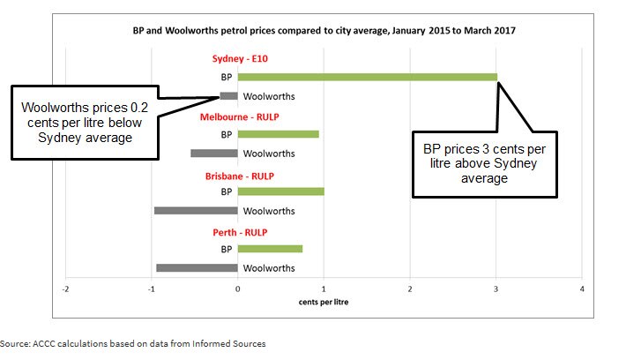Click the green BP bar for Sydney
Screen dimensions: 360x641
[367, 77]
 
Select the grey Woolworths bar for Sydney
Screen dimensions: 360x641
[229, 95]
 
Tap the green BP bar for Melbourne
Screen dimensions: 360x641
[278, 134]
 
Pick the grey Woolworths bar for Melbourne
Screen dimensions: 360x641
[214, 153]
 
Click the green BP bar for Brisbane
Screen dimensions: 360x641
[280, 191]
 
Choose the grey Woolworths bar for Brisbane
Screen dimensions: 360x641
[196, 210]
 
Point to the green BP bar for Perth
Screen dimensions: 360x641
[270, 249]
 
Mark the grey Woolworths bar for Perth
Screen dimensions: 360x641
[197, 267]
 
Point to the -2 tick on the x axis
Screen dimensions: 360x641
[65, 289]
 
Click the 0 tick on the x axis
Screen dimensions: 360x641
[238, 289]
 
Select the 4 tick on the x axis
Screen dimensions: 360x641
[582, 289]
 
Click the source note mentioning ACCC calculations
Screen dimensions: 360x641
[132, 342]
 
